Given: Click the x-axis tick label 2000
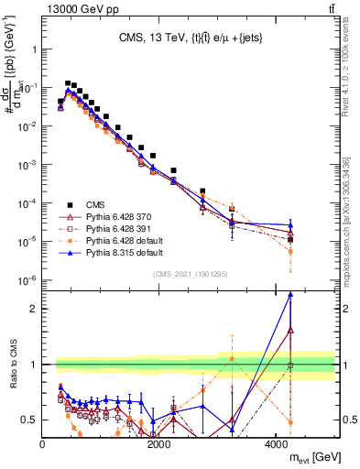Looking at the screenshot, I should point(159,444).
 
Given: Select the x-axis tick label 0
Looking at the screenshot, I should point(43,444).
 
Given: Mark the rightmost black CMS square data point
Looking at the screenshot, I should point(290,239).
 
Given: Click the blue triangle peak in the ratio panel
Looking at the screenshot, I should point(290,294).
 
